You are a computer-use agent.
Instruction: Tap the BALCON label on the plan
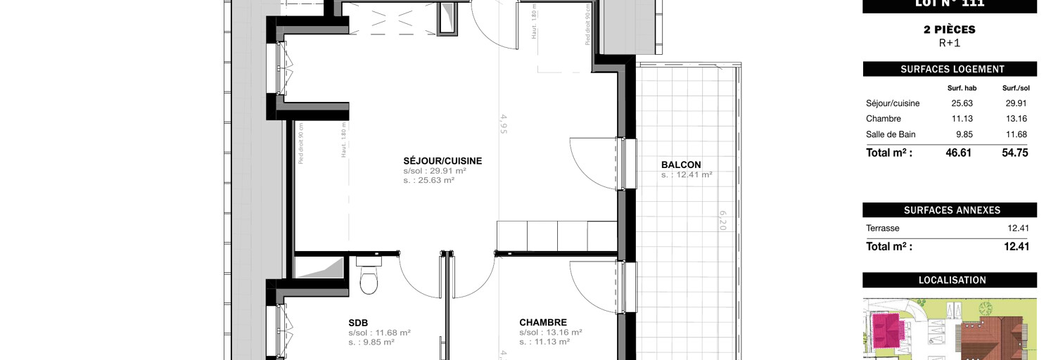click(x=680, y=165)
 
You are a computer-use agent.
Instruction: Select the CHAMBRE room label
click(x=543, y=323)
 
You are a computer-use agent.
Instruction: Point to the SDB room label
click(x=358, y=323)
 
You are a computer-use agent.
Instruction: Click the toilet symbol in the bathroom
click(x=369, y=278)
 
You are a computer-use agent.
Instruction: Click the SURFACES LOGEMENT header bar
click(x=950, y=70)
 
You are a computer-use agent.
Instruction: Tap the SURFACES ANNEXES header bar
click(x=950, y=210)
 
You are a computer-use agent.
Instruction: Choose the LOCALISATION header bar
click(x=950, y=280)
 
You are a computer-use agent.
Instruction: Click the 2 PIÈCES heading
click(x=950, y=30)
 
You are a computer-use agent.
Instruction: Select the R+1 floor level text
click(x=950, y=43)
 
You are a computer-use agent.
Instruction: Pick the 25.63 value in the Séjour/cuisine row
click(x=961, y=103)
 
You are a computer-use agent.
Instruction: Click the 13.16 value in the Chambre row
click(x=1016, y=119)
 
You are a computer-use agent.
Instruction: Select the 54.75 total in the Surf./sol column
click(x=1015, y=153)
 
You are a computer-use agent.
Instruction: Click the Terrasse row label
click(x=883, y=229)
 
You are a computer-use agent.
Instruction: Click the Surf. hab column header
click(x=962, y=88)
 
